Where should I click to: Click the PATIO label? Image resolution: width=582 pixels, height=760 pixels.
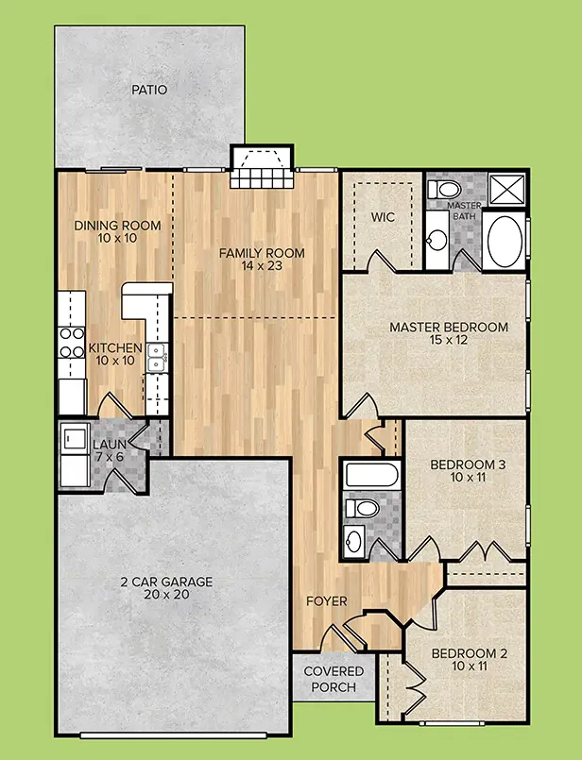point(149,90)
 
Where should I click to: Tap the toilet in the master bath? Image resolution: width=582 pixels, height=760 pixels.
point(444,189)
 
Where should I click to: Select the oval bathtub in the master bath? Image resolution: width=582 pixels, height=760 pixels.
point(505,241)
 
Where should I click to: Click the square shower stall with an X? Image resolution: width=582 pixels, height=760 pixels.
point(506,190)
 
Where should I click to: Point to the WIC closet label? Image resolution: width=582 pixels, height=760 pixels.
point(383,216)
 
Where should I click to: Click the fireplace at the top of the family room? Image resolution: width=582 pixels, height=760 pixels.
point(262,167)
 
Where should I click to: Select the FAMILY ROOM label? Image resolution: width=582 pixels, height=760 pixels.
point(262,252)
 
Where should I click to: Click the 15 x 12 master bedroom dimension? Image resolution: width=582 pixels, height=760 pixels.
point(449,340)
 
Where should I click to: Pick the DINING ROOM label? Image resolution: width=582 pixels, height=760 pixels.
point(117,226)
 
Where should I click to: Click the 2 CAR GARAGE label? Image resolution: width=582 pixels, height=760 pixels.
point(166,582)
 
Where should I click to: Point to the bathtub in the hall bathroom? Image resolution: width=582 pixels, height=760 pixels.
point(372,475)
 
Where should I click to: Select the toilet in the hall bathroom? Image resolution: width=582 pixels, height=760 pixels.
point(362,509)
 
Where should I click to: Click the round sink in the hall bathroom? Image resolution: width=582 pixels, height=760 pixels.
point(354,538)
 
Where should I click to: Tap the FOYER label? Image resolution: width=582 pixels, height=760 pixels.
point(327,601)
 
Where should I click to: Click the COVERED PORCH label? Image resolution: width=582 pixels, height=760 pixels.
point(334,679)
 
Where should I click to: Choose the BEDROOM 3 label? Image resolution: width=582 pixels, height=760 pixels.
point(468,464)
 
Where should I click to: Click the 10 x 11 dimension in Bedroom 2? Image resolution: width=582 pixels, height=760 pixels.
point(470,666)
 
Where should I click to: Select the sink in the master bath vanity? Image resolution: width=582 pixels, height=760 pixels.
point(438,239)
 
